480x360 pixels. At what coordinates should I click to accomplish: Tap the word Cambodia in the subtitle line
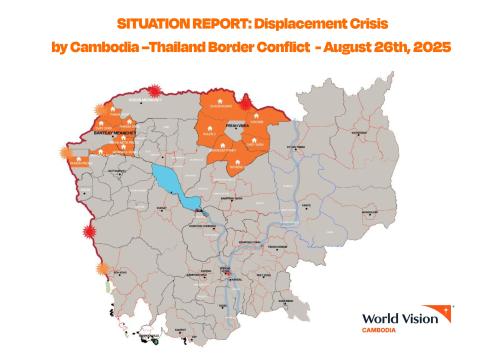[105, 48]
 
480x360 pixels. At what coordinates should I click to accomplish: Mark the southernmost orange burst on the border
[102, 270]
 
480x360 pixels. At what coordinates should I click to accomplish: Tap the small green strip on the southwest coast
[107, 286]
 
